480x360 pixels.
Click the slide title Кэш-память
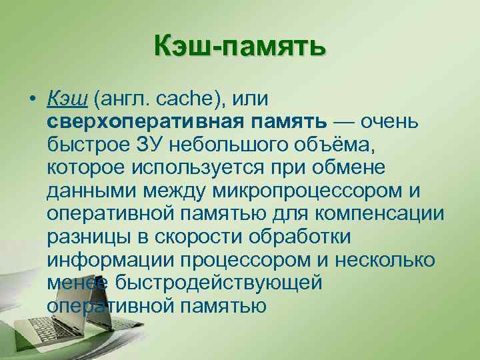[x=239, y=47]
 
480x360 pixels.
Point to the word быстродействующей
[x=219, y=282]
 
